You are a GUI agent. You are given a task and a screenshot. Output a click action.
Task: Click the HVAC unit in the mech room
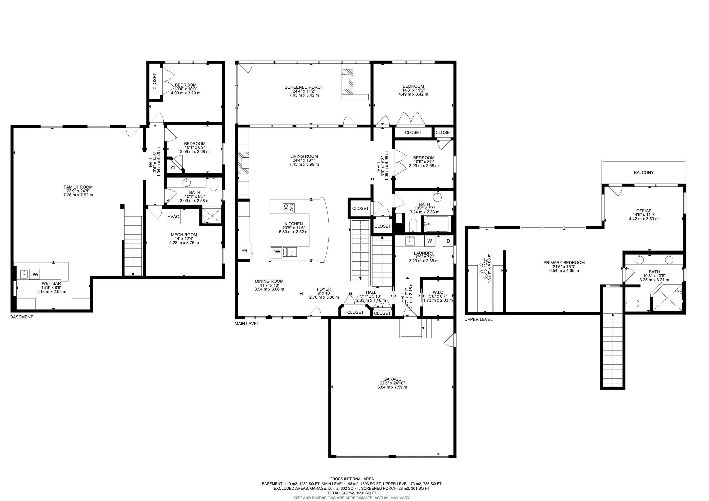pyautogui.click(x=173, y=216)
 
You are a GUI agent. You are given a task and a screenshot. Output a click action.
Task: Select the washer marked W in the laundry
pyautogui.click(x=430, y=241)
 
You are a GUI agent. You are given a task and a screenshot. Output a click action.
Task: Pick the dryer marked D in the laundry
pyautogui.click(x=448, y=241)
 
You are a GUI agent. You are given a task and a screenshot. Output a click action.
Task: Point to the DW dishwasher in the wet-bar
pyautogui.click(x=35, y=274)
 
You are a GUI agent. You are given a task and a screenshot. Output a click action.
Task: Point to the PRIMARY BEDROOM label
pyautogui.click(x=564, y=263)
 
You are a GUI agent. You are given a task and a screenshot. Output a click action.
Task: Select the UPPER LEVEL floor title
pyautogui.click(x=478, y=319)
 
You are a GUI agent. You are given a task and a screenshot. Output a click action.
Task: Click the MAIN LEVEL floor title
pyautogui.click(x=247, y=324)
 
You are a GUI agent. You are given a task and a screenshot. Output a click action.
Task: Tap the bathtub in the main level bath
pyautogui.click(x=436, y=224)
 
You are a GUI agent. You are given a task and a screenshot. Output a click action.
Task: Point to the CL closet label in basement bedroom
pyautogui.click(x=174, y=168)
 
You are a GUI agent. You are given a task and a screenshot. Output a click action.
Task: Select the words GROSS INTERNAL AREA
pyautogui.click(x=351, y=479)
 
